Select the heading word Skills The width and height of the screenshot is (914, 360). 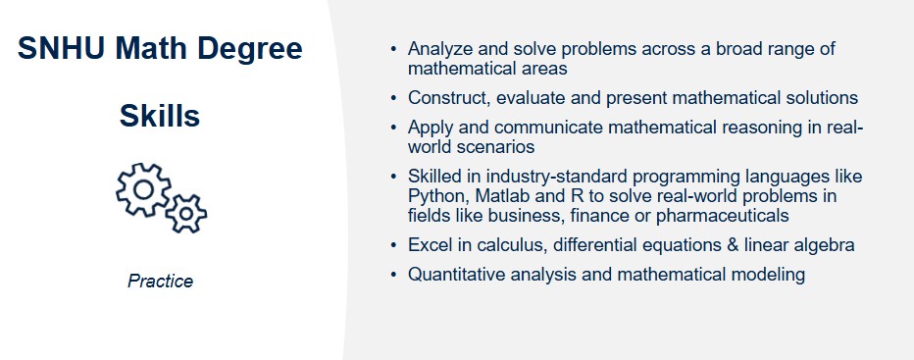[x=160, y=117]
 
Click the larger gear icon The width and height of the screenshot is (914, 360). [x=143, y=187]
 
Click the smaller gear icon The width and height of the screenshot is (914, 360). [x=185, y=212]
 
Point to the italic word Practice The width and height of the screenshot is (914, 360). [x=160, y=282]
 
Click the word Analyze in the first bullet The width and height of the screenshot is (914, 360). [x=440, y=49]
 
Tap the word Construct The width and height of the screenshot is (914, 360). [x=447, y=98]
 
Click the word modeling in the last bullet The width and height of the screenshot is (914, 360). [x=772, y=275]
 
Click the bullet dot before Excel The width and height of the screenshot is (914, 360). [x=394, y=245]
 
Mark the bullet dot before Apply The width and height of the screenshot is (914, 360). [x=394, y=128]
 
